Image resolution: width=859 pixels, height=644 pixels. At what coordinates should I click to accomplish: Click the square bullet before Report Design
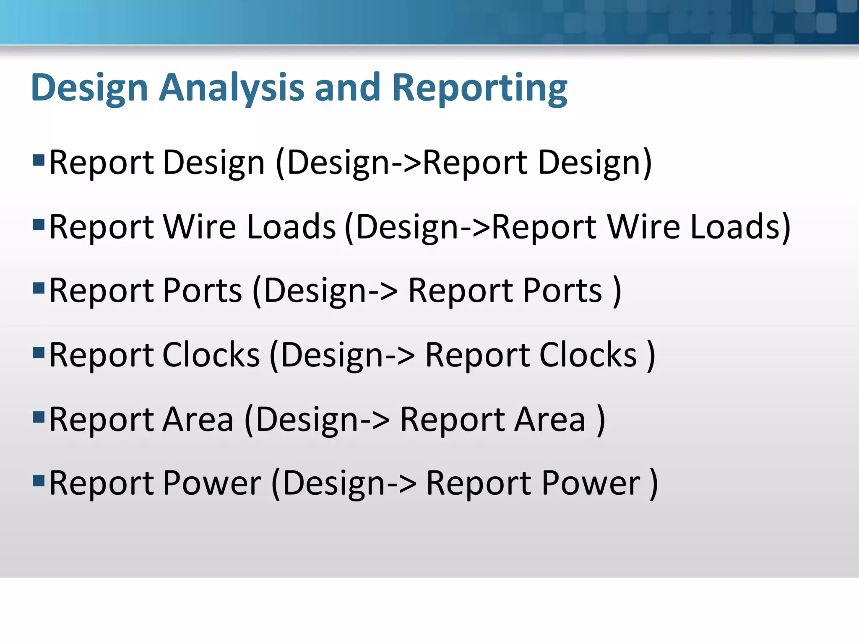pyautogui.click(x=39, y=160)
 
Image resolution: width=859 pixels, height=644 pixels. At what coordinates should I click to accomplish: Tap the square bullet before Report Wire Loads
pyautogui.click(x=39, y=225)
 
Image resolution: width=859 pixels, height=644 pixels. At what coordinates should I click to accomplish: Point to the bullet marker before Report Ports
pyautogui.click(x=39, y=288)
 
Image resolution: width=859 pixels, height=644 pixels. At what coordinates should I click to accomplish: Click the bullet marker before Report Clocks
pyautogui.click(x=39, y=353)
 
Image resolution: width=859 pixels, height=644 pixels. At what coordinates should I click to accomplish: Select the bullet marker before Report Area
pyautogui.click(x=39, y=417)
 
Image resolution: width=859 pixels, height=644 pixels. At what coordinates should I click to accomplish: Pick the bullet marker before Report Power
pyautogui.click(x=39, y=480)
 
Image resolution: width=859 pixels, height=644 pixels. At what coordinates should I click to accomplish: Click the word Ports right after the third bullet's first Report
pyautogui.click(x=202, y=291)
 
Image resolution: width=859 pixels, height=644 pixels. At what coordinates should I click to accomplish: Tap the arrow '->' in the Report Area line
pyautogui.click(x=375, y=420)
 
